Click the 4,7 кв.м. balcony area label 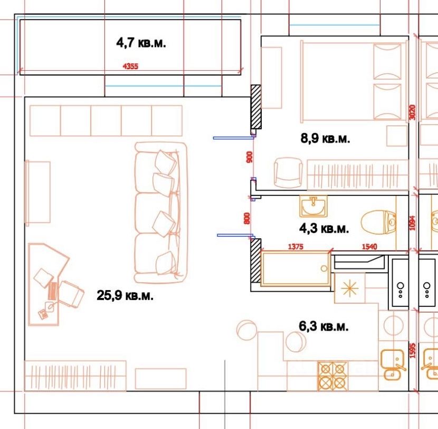pyautogui.click(x=141, y=43)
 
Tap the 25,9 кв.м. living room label pyautogui.click(x=125, y=295)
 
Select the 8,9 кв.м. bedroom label pyautogui.click(x=325, y=138)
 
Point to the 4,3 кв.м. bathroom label pyautogui.click(x=324, y=228)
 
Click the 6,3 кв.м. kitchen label pyautogui.click(x=323, y=326)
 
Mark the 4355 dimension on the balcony pyautogui.click(x=130, y=66)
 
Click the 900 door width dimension pyautogui.click(x=250, y=157)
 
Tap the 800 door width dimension pyautogui.click(x=246, y=218)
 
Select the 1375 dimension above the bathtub pyautogui.click(x=296, y=247)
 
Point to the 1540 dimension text pyautogui.click(x=369, y=247)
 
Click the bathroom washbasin pyautogui.click(x=313, y=207)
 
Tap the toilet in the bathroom pyautogui.click(x=378, y=223)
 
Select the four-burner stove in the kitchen pyautogui.click(x=332, y=376)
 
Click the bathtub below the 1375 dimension pyautogui.click(x=296, y=269)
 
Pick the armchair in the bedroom pyautogui.click(x=288, y=173)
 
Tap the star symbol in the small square pyautogui.click(x=350, y=288)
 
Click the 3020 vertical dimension pyautogui.click(x=412, y=112)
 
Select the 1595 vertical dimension pyautogui.click(x=413, y=351)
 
